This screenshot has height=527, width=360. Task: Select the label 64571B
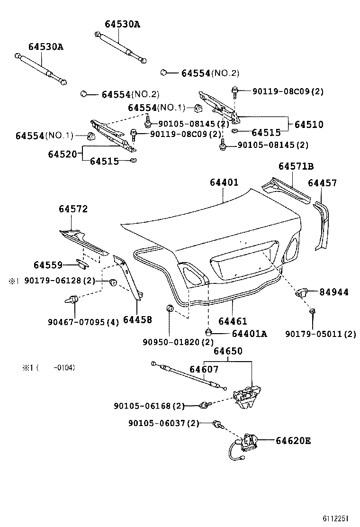(x=296, y=166)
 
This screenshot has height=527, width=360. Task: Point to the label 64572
(x=73, y=209)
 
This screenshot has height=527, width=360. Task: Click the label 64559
(x=48, y=264)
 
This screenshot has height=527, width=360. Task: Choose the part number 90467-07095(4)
(x=83, y=322)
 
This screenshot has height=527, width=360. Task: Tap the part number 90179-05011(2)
(x=320, y=334)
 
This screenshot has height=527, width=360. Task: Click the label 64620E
(x=293, y=441)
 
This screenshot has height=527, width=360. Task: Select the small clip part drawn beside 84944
(x=302, y=292)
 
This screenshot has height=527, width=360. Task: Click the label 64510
(x=308, y=125)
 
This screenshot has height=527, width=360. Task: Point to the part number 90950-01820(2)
(x=178, y=342)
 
